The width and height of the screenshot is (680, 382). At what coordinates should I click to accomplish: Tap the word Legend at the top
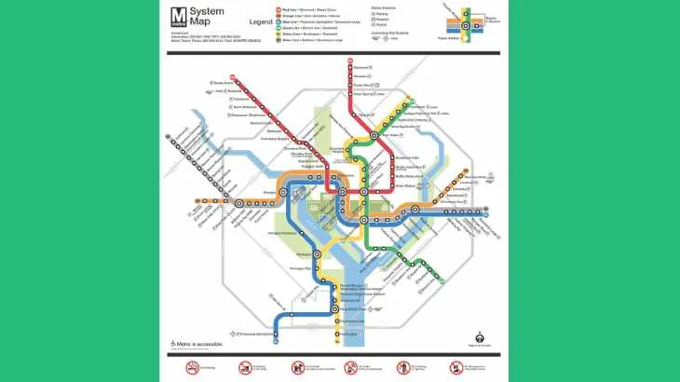coord(260,20)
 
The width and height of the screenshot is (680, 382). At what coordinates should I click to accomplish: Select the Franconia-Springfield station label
coord(257,334)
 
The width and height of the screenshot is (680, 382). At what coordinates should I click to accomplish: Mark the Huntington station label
coord(349,334)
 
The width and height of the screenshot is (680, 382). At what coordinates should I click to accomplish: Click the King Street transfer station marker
coord(334,308)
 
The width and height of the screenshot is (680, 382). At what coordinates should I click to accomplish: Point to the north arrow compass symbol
coord(480,338)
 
